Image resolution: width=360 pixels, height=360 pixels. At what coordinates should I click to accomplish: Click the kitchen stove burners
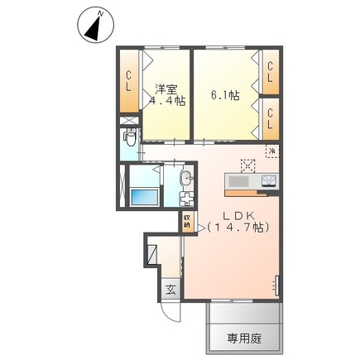pyautogui.click(x=270, y=181)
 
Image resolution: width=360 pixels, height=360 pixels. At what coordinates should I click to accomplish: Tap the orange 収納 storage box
pyautogui.click(x=188, y=220)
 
